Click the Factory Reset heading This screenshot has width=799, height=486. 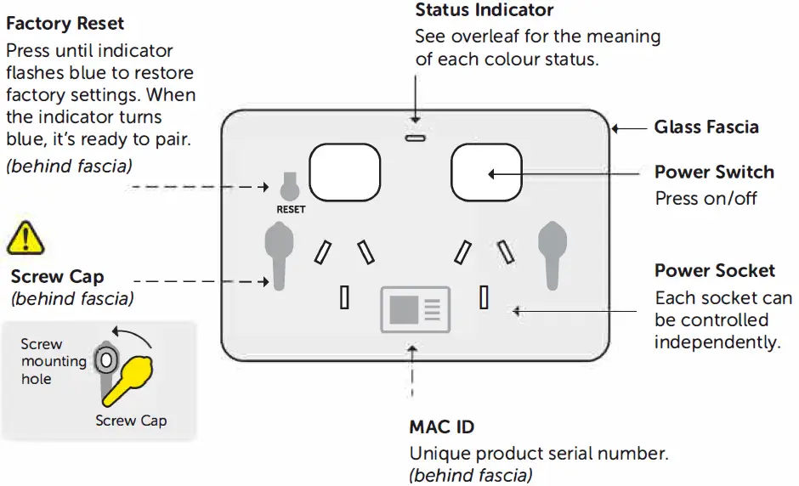[65, 24]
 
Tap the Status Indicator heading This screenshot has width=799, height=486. [484, 10]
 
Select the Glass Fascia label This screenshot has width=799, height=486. [706, 127]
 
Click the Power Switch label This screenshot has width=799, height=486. [714, 172]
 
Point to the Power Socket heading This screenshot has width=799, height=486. [715, 271]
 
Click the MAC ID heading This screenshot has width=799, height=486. [442, 427]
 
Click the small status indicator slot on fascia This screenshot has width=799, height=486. [415, 137]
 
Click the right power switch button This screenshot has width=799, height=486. [486, 172]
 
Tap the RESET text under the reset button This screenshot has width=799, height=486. [291, 209]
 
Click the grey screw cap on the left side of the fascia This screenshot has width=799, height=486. [277, 253]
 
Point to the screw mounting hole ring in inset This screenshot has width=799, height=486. [104, 360]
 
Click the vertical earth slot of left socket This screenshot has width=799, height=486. [344, 297]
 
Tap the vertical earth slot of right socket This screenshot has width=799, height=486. [484, 297]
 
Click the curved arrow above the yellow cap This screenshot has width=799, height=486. [135, 336]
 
